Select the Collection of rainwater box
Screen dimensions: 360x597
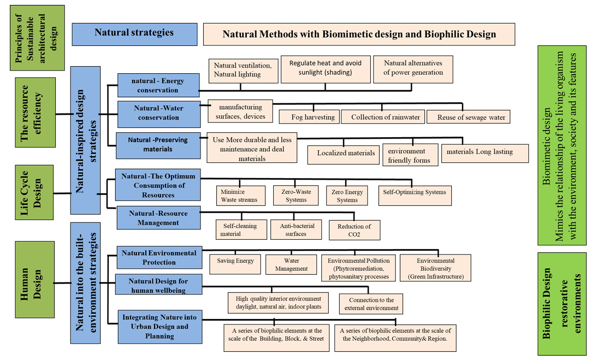coord(382,117)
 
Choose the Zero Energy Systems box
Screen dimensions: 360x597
coord(347,196)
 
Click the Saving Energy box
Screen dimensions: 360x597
coord(235,264)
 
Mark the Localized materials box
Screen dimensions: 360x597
coord(346,153)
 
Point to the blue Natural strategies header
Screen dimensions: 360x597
coord(134,33)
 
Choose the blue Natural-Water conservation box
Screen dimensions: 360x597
coord(158,113)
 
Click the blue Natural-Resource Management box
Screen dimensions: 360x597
coord(158,217)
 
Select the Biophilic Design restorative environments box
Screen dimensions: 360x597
coord(561,303)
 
